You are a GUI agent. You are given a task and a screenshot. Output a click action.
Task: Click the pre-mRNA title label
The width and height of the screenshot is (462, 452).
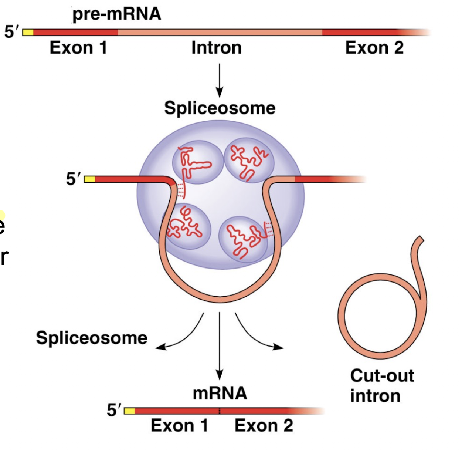coord(117,14)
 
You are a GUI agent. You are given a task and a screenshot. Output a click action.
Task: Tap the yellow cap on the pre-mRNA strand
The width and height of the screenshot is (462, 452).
coord(28,33)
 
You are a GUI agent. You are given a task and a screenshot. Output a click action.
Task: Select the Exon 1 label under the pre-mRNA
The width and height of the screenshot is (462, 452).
coord(78,48)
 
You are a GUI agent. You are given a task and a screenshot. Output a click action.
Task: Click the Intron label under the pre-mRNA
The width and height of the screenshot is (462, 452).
coord(217,48)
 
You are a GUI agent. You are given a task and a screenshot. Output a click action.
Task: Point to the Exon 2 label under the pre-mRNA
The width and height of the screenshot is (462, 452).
coord(374,48)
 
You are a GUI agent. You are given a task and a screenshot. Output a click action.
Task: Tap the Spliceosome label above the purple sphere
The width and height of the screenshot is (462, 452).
coord(220,108)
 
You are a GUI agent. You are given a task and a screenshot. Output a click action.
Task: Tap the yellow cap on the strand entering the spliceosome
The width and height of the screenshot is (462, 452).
coord(90,180)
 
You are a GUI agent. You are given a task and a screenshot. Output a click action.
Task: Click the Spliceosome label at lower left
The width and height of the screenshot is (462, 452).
coord(92,338)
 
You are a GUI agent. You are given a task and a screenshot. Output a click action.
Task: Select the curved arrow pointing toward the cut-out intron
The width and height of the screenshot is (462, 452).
coord(255,335)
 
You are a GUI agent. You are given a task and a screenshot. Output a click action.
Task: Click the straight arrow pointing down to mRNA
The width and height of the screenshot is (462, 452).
coord(220,344)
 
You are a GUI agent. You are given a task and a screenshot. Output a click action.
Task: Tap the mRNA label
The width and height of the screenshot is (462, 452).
coord(220,393)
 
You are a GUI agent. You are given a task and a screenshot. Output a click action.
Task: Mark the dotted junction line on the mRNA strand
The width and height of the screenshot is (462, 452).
coord(219,411)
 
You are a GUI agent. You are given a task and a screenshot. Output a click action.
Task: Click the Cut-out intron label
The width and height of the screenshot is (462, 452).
coord(382,385)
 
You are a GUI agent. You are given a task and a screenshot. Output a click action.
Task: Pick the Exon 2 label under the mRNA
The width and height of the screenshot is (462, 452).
coord(264,425)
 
